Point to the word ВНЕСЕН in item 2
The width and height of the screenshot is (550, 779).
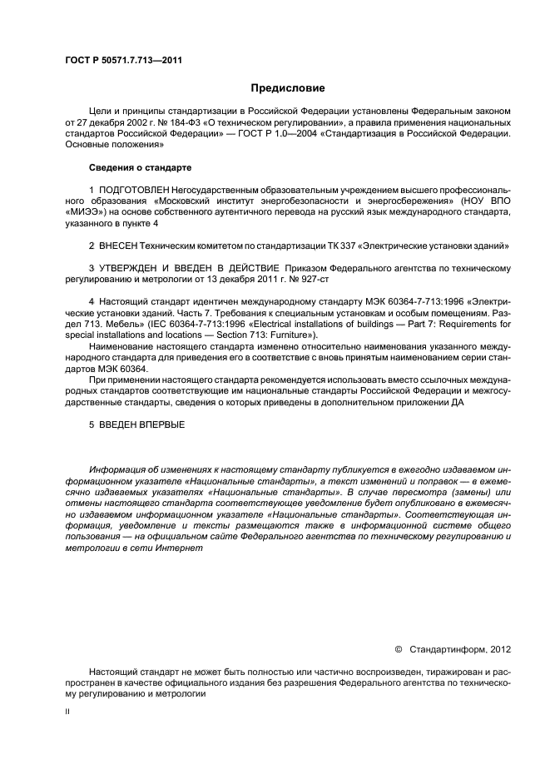[119, 246]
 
